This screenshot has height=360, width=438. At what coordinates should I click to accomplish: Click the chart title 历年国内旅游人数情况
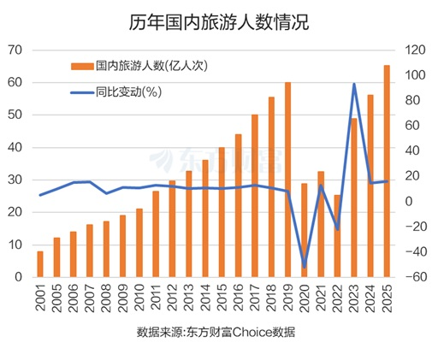pos(219,22)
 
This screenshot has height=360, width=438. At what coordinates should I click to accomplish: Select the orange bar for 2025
pos(387,171)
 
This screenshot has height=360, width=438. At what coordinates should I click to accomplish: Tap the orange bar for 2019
pos(287,180)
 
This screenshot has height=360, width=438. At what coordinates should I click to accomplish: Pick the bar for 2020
pos(304,230)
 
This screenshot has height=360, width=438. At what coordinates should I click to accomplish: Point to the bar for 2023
pos(353,198)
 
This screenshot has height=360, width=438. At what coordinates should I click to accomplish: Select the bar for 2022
pos(337,236)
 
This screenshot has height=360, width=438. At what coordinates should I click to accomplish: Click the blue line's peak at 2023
pos(353,84)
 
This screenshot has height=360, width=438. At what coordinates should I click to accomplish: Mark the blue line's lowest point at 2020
pos(304,267)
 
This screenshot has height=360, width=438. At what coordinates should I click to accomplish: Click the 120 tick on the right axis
pos(416,50)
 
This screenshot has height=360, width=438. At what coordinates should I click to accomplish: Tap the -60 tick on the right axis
pos(416,277)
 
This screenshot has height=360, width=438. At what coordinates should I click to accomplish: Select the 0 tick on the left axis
pos(19,277)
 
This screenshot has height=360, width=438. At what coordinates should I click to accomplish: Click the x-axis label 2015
pos(222,300)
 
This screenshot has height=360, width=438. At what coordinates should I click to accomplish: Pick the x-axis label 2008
pos(106,300)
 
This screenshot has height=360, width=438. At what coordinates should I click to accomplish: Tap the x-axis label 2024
pos(370,300)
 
